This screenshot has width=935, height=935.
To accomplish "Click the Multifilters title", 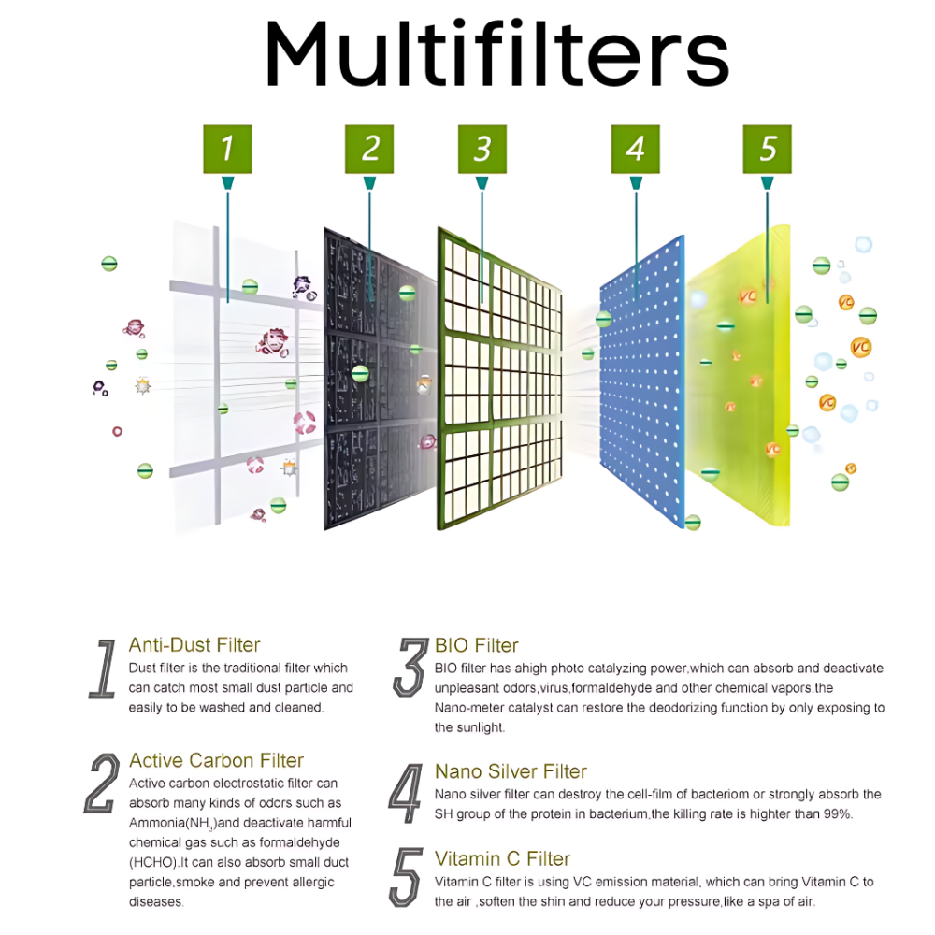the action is [496, 53].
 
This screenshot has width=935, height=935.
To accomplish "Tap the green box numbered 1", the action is [227, 149].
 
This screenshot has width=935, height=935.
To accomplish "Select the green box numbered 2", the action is [369, 149].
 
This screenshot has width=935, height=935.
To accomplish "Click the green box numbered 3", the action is [482, 149].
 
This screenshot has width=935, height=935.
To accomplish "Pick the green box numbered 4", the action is [636, 149].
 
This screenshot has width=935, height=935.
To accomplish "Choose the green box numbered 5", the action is [767, 149].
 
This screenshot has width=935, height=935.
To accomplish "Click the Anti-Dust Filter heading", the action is [194, 644].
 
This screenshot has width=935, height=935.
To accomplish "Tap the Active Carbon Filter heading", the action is [217, 760].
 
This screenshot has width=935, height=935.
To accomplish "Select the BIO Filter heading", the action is [477, 645].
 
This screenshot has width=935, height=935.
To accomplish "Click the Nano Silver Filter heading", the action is [511, 771].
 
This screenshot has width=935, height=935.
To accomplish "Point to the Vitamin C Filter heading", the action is [503, 858].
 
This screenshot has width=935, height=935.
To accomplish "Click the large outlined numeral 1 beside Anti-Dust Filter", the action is [104, 669].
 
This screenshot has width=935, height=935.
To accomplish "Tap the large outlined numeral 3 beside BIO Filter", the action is [410, 668].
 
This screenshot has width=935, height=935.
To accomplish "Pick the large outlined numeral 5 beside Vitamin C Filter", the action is [406, 877].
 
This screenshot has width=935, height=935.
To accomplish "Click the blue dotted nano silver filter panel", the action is [641, 381].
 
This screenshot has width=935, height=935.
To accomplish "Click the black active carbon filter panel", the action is [380, 379].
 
